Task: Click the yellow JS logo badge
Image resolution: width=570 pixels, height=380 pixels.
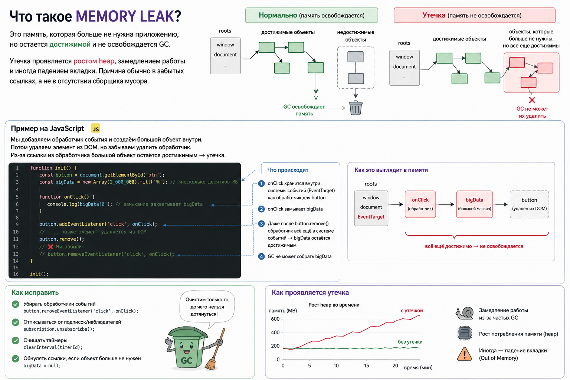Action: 95,128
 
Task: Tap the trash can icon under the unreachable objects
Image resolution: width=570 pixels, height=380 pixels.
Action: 356,108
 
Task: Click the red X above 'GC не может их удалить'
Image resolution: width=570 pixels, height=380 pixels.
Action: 532,100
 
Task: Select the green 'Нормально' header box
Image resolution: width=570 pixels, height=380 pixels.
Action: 311,15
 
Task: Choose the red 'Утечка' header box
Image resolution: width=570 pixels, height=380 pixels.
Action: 475,15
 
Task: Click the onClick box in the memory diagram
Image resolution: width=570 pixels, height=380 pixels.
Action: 420,204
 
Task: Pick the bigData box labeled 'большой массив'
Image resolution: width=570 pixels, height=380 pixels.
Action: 475,204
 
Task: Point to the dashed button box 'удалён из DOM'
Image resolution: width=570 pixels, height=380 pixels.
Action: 529,204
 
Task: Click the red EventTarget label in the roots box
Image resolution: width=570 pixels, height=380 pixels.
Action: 371,217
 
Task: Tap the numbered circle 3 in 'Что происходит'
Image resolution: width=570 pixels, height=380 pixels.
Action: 261,224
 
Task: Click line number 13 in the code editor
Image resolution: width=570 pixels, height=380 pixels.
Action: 16,254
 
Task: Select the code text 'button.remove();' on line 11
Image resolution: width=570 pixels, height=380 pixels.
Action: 62,239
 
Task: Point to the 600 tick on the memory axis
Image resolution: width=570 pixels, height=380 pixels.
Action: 275,319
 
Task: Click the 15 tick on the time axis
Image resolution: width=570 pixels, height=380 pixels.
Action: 366,366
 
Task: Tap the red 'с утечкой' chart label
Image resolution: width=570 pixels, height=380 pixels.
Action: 412,311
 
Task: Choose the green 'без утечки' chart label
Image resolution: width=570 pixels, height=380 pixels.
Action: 410,342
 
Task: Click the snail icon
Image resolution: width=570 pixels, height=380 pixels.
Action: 465,313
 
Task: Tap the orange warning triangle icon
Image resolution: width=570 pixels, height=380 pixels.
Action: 465,354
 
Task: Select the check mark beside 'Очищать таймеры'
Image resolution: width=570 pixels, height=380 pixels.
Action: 16,341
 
